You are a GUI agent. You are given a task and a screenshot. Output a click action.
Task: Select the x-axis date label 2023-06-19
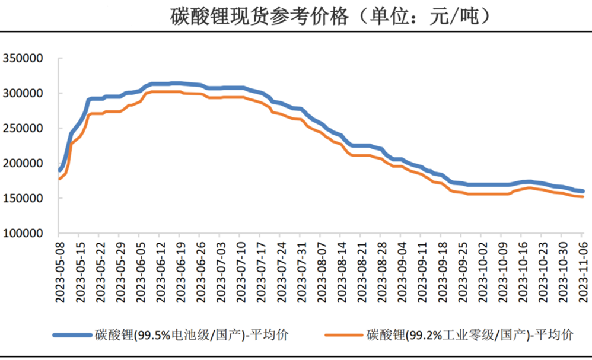coord(181,273)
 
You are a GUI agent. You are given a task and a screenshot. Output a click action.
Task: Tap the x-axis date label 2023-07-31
coord(302,273)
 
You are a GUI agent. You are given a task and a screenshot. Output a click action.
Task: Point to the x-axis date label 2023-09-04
coord(403,273)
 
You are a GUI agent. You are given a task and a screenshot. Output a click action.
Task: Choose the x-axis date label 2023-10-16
coord(524,273)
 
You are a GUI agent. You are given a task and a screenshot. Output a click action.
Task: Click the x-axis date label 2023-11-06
coord(584,273)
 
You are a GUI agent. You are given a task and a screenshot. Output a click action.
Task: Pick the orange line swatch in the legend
coord(343,335)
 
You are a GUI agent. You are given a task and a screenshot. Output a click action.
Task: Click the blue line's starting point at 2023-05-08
coord(60,170)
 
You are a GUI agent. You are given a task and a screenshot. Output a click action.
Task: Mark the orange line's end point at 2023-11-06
coord(583,196)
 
